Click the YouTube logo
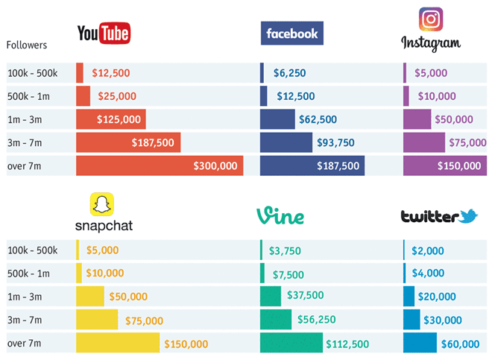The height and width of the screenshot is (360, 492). [104, 33]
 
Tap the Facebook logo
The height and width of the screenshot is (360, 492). [291, 34]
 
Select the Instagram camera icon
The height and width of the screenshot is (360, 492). [431, 19]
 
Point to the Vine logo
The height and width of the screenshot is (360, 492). [280, 216]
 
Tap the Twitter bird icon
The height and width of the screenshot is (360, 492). [469, 216]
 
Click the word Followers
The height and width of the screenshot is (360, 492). [27, 45]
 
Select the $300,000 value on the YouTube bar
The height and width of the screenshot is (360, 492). [215, 165]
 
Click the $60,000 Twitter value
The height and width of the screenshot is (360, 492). [460, 344]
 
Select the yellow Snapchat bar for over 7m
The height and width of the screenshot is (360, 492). [118, 343]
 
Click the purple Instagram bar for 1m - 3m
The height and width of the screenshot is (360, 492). [417, 119]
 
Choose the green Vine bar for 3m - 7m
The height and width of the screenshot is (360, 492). [276, 320]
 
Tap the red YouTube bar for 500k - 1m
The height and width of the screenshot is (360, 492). [83, 96]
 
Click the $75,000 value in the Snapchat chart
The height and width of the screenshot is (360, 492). [144, 320]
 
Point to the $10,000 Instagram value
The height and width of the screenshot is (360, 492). [437, 96]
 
